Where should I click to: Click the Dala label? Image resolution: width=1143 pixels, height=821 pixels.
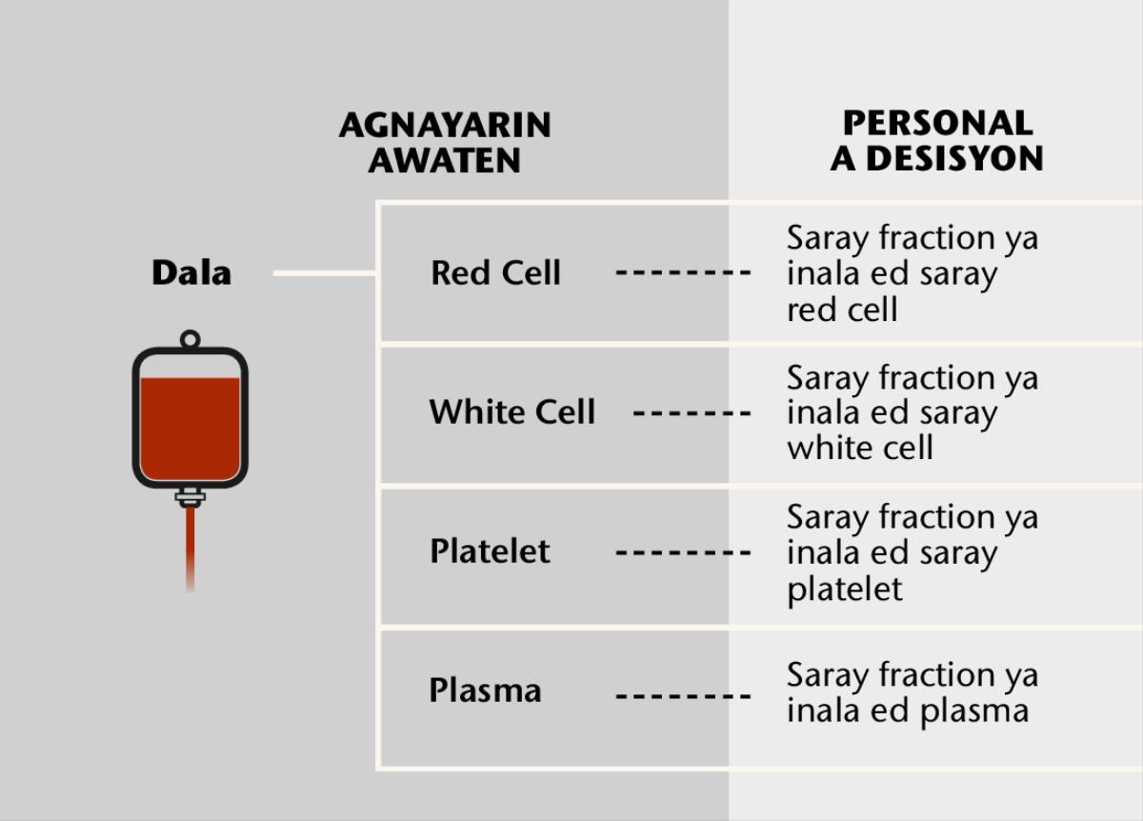pyautogui.click(x=190, y=273)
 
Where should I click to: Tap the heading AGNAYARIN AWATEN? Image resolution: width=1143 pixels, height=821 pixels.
pyautogui.click(x=445, y=142)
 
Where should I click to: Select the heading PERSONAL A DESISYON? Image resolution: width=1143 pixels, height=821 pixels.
pyautogui.click(x=937, y=141)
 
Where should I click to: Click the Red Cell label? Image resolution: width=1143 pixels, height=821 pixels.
pyautogui.click(x=495, y=273)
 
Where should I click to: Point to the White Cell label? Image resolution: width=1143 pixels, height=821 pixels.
pyautogui.click(x=511, y=412)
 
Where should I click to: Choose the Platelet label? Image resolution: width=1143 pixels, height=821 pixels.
pyautogui.click(x=490, y=551)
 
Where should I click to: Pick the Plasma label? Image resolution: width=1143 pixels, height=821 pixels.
pyautogui.click(x=485, y=691)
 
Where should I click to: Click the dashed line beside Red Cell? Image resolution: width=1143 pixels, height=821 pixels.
pyautogui.click(x=683, y=273)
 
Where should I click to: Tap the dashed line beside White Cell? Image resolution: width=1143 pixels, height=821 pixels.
pyautogui.click(x=692, y=413)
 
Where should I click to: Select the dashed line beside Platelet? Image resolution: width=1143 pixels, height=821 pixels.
pyautogui.click(x=683, y=552)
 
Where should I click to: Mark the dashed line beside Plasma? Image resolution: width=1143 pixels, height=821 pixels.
pyautogui.click(x=683, y=696)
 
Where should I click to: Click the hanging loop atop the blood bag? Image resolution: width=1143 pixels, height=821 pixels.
pyautogui.click(x=190, y=339)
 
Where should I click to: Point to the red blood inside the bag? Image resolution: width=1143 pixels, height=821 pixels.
pyautogui.click(x=190, y=429)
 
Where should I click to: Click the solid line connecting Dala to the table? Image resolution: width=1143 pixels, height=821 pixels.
pyautogui.click(x=325, y=273)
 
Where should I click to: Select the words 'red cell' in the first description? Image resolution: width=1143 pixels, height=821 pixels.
pyautogui.click(x=842, y=310)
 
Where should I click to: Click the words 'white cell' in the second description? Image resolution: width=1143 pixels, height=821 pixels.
pyautogui.click(x=859, y=449)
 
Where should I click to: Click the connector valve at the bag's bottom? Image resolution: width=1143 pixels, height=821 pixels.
pyautogui.click(x=190, y=496)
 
